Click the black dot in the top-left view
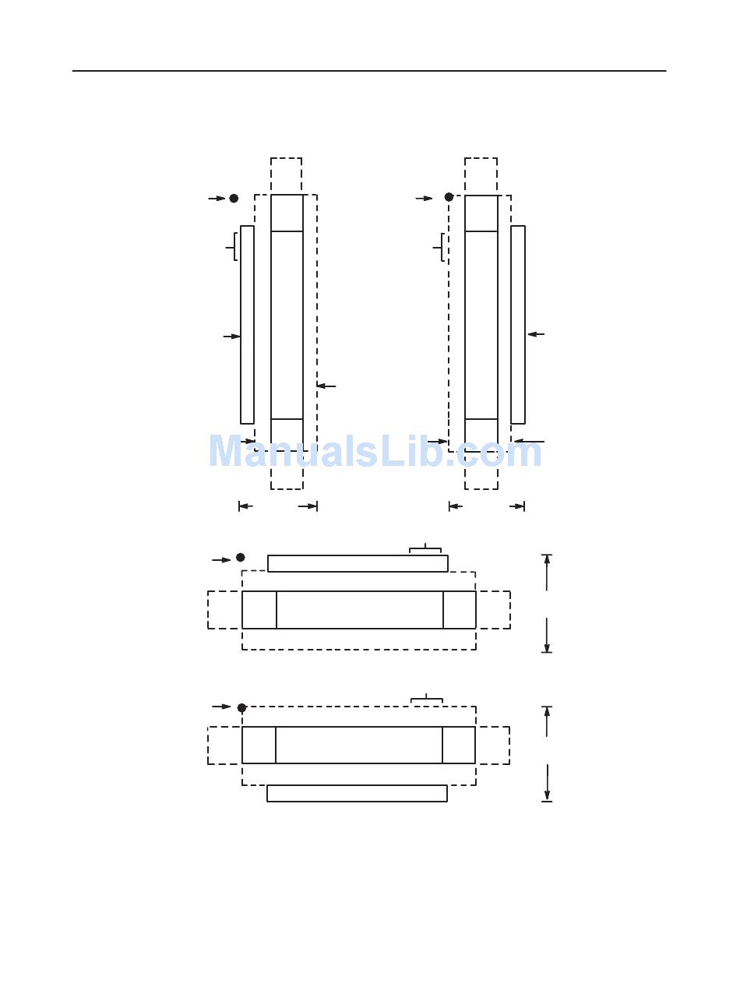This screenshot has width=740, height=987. [x=234, y=199]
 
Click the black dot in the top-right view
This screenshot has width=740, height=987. [x=449, y=197]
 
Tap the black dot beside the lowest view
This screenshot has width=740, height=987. [x=241, y=708]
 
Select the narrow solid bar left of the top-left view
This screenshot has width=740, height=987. [x=247, y=325]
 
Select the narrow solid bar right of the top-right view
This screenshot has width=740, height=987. [x=518, y=325]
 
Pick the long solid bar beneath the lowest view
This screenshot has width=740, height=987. [x=357, y=793]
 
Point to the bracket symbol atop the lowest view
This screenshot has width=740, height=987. [x=427, y=700]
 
